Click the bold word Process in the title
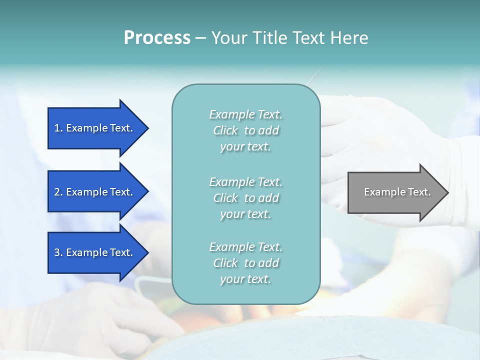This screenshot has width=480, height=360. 157,38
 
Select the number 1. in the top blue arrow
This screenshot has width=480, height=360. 58,128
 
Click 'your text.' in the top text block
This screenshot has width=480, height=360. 245,147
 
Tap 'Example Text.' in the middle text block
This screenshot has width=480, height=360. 245,182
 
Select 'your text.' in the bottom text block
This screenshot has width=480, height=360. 245,279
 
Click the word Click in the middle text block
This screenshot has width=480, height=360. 225,198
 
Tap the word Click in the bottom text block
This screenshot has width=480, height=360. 225,263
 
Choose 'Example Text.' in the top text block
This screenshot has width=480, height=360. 245,114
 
